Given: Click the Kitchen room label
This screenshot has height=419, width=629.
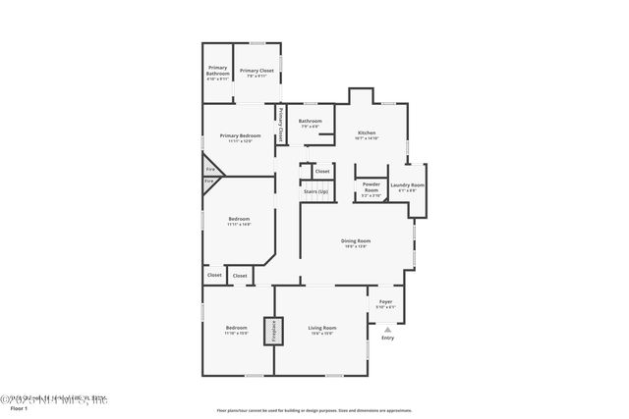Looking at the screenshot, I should point(367,132).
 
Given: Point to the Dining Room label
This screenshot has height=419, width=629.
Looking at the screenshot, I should point(356,240).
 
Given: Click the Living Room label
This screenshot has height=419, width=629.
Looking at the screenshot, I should point(321,328).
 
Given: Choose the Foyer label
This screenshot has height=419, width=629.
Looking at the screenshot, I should point(385,301).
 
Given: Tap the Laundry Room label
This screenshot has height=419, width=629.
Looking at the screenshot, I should point(407,184).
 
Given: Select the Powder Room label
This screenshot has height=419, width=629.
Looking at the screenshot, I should point(371,184).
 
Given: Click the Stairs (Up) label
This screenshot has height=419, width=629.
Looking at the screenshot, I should point(315,191).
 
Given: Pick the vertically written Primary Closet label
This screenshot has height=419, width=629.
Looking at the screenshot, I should point(279,127).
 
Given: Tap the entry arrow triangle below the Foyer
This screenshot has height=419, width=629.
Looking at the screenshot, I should point(387,330).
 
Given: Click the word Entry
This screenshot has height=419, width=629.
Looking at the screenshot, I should point(387,339).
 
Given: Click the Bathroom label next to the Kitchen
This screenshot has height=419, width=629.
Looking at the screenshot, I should point(311,121).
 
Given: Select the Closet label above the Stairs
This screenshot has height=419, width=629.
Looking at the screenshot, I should point(321,172).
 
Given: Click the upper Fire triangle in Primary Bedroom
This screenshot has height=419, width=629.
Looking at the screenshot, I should point(210,168).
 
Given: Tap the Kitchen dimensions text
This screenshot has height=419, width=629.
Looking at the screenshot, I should point(367,138).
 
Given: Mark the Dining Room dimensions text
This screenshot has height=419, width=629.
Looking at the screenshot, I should point(356,246).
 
